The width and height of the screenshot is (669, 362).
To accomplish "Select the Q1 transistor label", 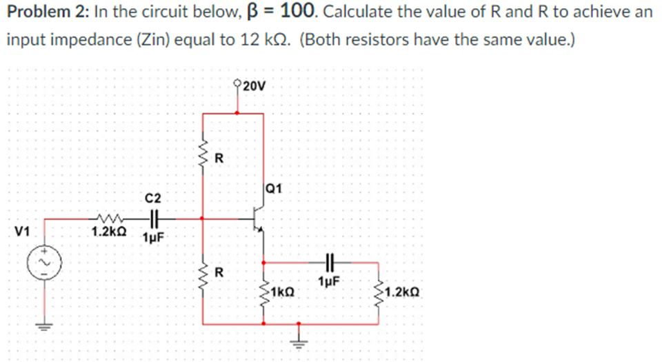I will tap(272, 187).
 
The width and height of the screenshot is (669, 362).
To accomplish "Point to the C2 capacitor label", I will tap(152, 198).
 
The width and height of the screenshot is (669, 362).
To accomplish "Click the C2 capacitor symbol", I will tap(153, 219).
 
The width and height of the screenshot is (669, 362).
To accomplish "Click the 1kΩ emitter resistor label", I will tap(283, 292).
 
